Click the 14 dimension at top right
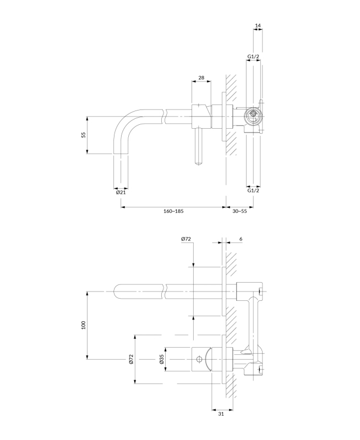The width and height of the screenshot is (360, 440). [258, 26]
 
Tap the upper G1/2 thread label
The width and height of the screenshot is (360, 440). [253, 57]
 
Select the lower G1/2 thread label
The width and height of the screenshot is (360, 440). [253, 190]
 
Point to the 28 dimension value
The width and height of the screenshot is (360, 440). [201, 78]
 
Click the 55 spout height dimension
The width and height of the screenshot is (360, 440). [84, 135]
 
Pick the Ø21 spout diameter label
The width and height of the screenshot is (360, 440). [121, 192]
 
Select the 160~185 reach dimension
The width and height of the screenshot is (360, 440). [172, 211]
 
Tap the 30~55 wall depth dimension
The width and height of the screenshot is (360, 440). [239, 211]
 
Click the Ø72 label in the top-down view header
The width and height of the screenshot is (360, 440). [186, 239]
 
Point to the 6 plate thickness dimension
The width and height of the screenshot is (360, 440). [241, 239]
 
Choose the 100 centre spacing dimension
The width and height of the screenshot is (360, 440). [84, 324]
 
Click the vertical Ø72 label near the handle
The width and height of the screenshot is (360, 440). [131, 360]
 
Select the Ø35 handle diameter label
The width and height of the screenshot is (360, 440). [161, 360]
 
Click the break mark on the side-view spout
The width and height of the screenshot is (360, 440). [166, 116]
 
